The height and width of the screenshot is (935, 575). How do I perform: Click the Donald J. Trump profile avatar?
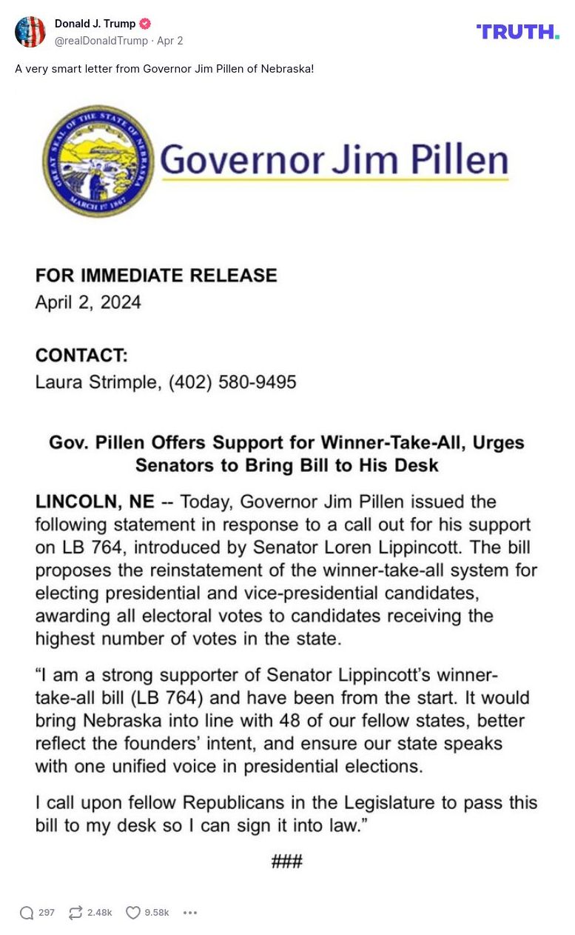pyautogui.click(x=30, y=32)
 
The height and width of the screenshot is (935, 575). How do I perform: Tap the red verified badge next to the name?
pyautogui.click(x=145, y=24)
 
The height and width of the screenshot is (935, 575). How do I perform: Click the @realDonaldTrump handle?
pyautogui.click(x=101, y=41)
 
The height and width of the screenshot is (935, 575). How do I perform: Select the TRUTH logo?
pyautogui.click(x=517, y=31)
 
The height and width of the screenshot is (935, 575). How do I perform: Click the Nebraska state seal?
pyautogui.click(x=98, y=161)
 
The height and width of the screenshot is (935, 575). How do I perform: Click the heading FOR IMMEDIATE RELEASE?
pyautogui.click(x=156, y=276)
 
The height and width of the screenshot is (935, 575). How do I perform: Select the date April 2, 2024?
pyautogui.click(x=88, y=302)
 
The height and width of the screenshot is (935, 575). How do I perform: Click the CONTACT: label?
pyautogui.click(x=81, y=356)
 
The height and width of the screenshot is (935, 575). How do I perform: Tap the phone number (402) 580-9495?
pyautogui.click(x=232, y=382)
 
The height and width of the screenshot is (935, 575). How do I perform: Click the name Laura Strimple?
pyautogui.click(x=96, y=382)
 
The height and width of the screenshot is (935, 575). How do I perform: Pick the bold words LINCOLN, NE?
pyautogui.click(x=95, y=502)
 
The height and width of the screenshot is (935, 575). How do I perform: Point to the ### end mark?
pyautogui.click(x=286, y=861)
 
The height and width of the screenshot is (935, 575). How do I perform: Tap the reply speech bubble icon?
pyautogui.click(x=27, y=913)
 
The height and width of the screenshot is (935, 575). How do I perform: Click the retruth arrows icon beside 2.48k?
pyautogui.click(x=75, y=913)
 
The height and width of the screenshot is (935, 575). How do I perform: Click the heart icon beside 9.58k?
pyautogui.click(x=132, y=913)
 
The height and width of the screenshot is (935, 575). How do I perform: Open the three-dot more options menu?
pyautogui.click(x=190, y=913)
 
